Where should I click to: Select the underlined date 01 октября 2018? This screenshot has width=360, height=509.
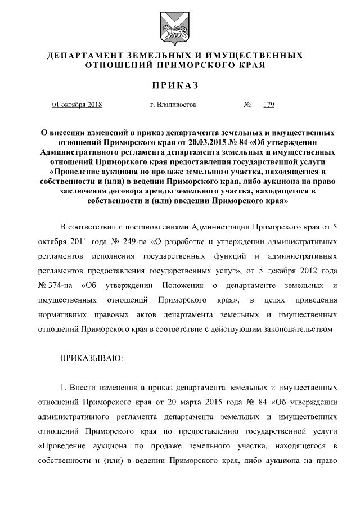[x=73, y=105]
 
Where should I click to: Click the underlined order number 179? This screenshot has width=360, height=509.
[x=268, y=105]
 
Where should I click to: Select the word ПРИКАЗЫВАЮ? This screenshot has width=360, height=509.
[x=91, y=358]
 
